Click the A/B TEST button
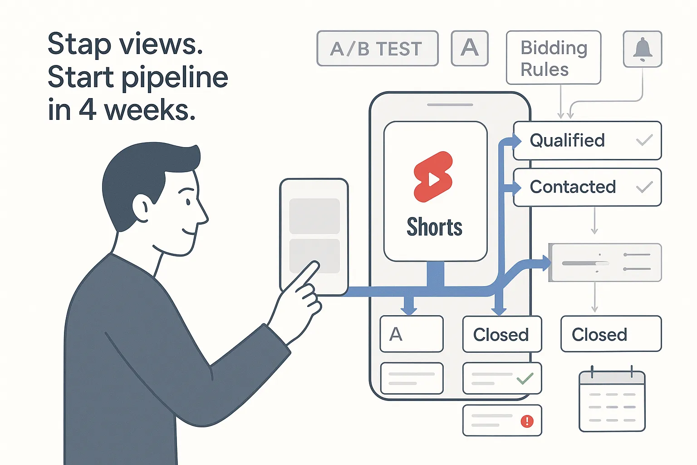point(377,49)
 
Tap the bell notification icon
point(643,49)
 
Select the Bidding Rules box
point(554,58)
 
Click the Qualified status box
point(587,140)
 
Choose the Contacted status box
point(587,187)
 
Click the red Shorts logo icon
point(433,177)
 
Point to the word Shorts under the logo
point(434,227)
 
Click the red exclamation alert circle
point(527,421)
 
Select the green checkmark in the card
point(525,378)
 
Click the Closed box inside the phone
point(502,334)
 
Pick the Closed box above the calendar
point(611,334)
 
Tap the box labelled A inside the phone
point(411,334)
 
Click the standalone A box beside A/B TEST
point(470,48)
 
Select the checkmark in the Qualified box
point(644,140)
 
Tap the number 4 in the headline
point(87,110)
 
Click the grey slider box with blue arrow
point(605,263)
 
